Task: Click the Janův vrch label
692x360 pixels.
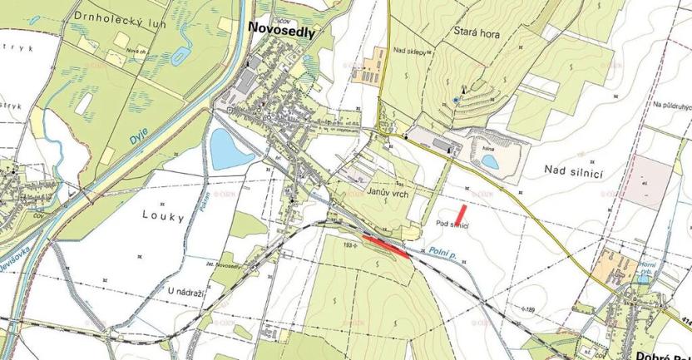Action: tap(385, 191)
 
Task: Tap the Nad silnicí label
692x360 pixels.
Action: tap(573, 170)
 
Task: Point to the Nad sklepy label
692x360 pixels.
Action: tap(411, 52)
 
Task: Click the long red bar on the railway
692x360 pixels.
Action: tap(386, 246)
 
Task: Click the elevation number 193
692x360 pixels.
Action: tap(348, 245)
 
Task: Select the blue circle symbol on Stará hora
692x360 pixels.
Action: tap(455, 101)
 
